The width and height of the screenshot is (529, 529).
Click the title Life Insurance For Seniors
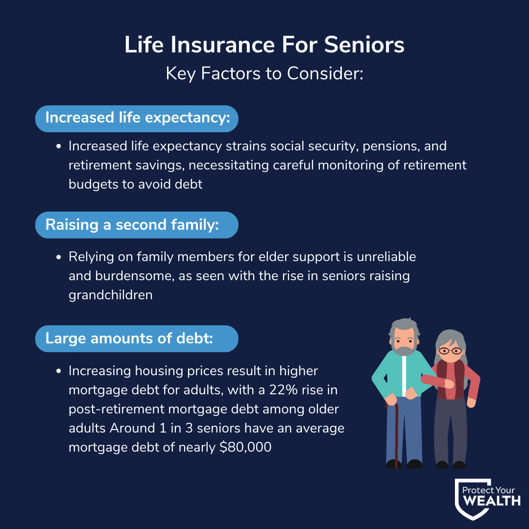[x=264, y=45]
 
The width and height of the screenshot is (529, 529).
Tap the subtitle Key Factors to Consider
[x=264, y=73]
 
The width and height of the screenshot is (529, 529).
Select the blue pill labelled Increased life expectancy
[x=137, y=119]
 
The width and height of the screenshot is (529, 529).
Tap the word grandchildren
[x=111, y=295]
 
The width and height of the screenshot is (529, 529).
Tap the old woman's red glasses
[x=450, y=351]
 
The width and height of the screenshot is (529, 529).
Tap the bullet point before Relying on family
[x=59, y=257]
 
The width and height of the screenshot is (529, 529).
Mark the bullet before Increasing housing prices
[x=59, y=371]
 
